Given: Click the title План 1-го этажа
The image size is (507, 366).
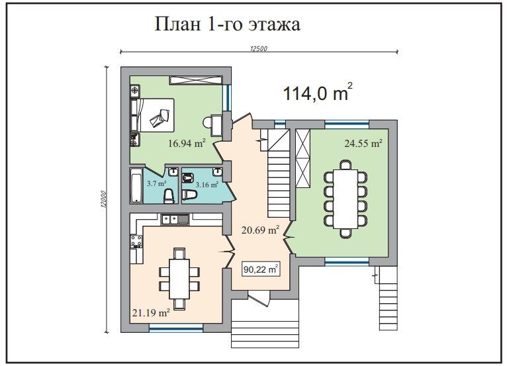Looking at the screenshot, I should (228, 24).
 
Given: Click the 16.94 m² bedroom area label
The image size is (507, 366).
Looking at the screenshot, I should (187, 142).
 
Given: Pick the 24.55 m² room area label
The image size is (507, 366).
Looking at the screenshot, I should (363, 143).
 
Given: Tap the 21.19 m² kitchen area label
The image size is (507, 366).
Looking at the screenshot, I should (151, 312).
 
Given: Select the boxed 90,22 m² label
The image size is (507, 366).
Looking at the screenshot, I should (261, 269).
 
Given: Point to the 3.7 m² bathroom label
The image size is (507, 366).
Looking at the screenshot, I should (156, 183).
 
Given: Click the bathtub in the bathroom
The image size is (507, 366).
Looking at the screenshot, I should (136, 187).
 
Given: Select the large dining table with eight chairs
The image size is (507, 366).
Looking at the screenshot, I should (345, 199).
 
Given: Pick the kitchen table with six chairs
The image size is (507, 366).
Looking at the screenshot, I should (178, 277).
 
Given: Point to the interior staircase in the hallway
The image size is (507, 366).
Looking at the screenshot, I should (277, 175).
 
